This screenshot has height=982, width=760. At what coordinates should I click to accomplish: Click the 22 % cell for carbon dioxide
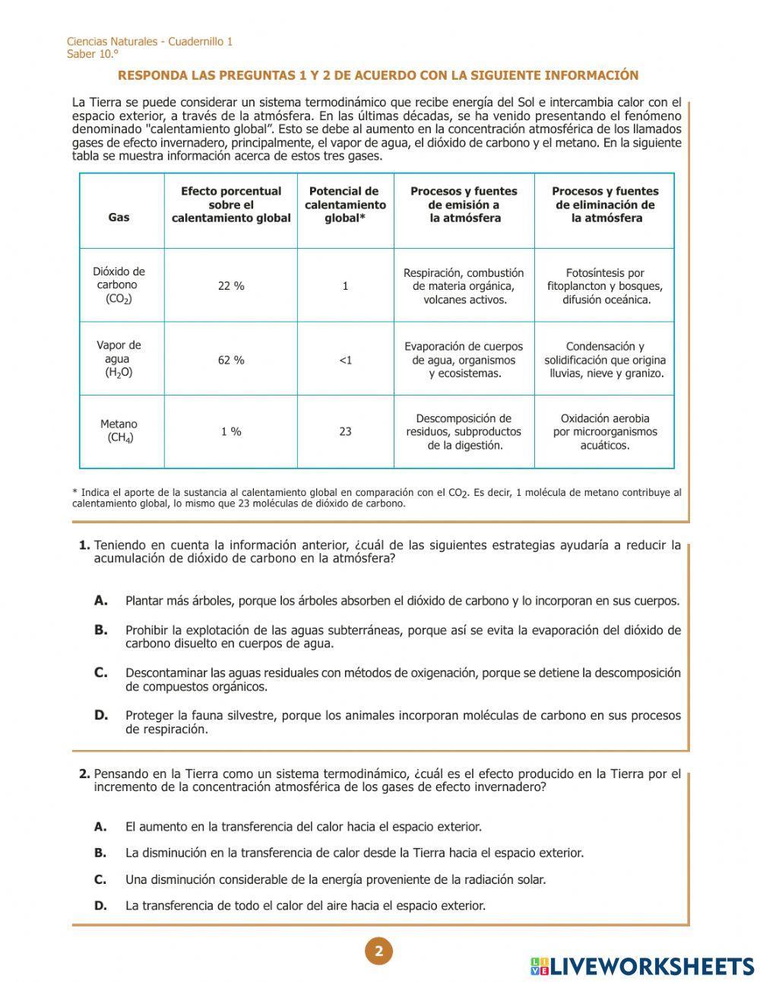click(231, 286)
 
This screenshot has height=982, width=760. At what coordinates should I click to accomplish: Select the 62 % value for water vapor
click(231, 360)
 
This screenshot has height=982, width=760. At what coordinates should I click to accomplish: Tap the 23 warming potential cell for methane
click(345, 431)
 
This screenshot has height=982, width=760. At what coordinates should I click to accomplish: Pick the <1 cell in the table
click(345, 360)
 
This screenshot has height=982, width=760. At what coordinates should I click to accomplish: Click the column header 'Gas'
click(119, 218)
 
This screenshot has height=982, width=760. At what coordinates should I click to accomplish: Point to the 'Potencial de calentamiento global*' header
click(345, 205)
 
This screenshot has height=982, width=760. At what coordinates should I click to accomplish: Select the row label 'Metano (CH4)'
click(119, 431)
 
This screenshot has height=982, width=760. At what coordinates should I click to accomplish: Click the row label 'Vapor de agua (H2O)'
click(119, 359)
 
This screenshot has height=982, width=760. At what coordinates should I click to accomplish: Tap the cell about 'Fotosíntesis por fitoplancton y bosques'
click(605, 286)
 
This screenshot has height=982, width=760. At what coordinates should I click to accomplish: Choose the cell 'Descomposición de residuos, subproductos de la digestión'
click(464, 431)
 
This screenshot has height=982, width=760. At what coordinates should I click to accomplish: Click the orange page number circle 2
click(378, 951)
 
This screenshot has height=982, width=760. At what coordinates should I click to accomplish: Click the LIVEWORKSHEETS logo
click(642, 966)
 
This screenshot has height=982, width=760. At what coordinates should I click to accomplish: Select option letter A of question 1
click(101, 600)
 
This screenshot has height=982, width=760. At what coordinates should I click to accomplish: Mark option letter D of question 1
click(101, 715)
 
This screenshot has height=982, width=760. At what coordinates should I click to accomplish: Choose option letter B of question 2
click(100, 853)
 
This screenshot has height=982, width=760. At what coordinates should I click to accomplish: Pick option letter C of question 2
click(100, 879)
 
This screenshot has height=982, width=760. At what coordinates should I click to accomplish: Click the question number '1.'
click(84, 545)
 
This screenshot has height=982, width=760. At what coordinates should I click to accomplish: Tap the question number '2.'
click(84, 774)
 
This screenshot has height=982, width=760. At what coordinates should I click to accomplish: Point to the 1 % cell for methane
click(231, 431)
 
